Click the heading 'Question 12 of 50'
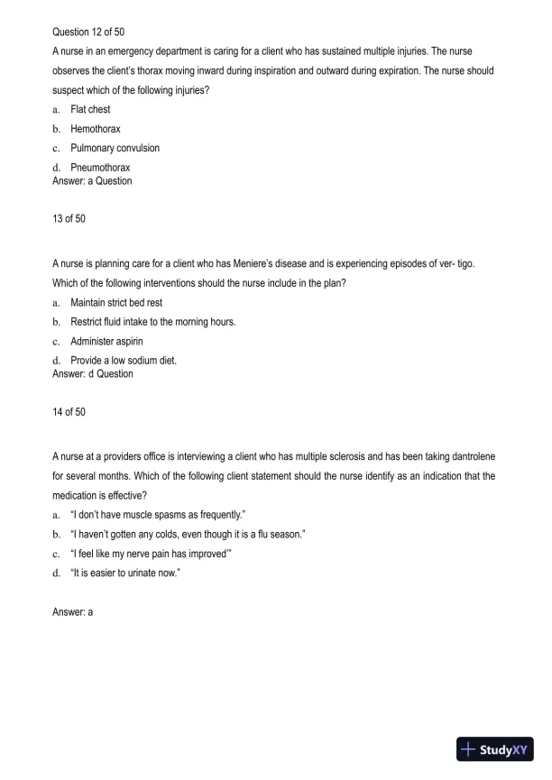88,32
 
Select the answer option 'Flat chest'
90,109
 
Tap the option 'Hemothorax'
96,129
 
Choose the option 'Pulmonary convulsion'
115,148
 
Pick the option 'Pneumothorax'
100,168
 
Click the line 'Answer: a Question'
92,180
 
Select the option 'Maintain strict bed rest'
116,302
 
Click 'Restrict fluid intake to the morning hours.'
153,322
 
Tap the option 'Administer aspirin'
107,341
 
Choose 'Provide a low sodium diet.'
124,361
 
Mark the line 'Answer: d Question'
93,373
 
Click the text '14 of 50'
69,412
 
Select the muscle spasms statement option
145,515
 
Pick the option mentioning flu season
188,535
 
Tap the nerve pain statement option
152,554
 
